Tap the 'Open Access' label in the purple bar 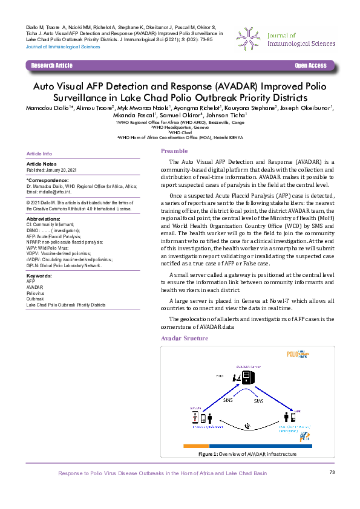coord(310,65)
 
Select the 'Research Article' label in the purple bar coord(52,65)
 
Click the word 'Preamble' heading coord(174,151)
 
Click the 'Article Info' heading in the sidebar coord(40,154)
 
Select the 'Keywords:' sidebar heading coord(39,276)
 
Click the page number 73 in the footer coord(332,472)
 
